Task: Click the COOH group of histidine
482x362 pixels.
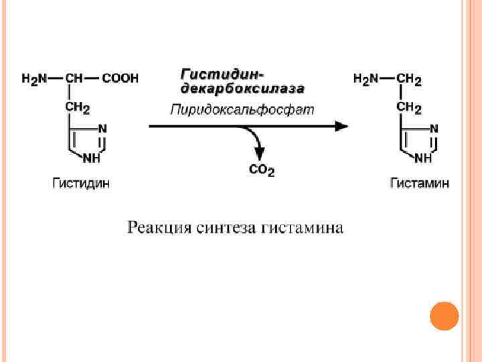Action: click(x=120, y=79)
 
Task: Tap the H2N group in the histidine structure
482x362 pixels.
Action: click(x=34, y=79)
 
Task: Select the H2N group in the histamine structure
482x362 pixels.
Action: click(x=366, y=80)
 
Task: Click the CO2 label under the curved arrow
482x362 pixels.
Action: click(x=262, y=171)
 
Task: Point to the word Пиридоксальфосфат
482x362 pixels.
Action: click(x=242, y=109)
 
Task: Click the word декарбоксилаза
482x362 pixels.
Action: click(x=242, y=88)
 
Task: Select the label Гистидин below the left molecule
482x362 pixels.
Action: click(x=81, y=182)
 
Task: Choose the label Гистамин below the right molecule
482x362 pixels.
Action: click(x=420, y=183)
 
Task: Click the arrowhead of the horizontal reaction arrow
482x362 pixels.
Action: click(x=341, y=126)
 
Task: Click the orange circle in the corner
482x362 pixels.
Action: click(x=443, y=315)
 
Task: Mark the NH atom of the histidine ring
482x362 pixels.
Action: click(x=93, y=158)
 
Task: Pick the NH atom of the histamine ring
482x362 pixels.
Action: click(x=424, y=158)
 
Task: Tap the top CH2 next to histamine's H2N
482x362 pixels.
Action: click(x=409, y=80)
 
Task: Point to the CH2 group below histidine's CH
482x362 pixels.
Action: click(x=77, y=107)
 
